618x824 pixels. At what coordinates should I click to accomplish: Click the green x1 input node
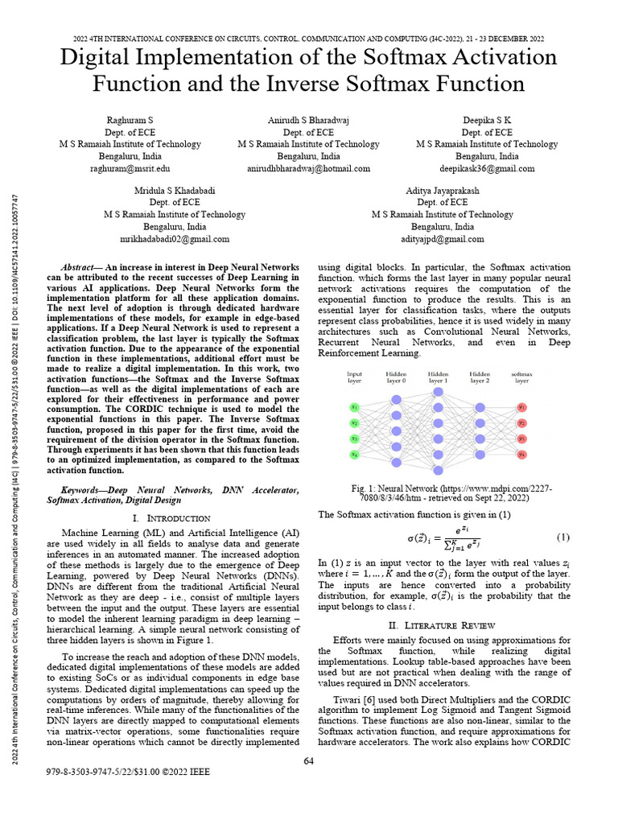point(354,407)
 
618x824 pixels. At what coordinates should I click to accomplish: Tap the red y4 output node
point(521,455)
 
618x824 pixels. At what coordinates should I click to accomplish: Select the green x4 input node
point(354,455)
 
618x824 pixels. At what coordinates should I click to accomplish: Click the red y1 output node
point(521,407)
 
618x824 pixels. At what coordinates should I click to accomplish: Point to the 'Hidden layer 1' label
point(439,377)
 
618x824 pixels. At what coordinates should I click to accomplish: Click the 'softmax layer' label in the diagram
point(522,377)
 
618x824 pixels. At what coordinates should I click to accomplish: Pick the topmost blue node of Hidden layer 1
point(439,392)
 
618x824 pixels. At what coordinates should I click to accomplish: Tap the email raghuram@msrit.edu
point(130,169)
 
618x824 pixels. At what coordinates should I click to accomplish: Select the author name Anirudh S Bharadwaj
point(308,120)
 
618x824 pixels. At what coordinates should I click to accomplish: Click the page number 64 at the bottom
point(308,762)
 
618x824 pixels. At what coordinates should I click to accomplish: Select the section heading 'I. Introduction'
point(175,518)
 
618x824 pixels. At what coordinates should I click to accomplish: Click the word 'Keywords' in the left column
point(84,489)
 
